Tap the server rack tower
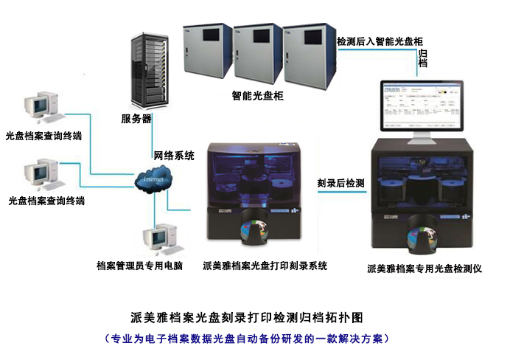(x=146, y=71)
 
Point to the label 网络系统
(x=174, y=155)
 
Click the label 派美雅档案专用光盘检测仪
(x=425, y=269)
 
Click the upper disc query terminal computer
(x=38, y=108)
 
